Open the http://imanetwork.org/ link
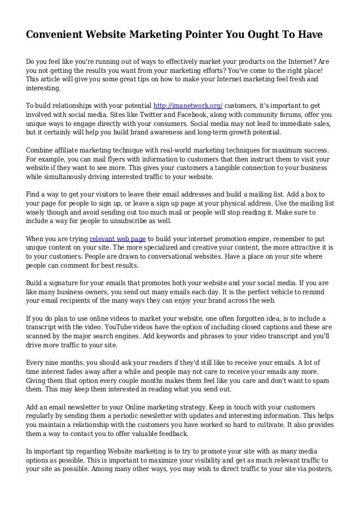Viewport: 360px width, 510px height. point(188,105)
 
